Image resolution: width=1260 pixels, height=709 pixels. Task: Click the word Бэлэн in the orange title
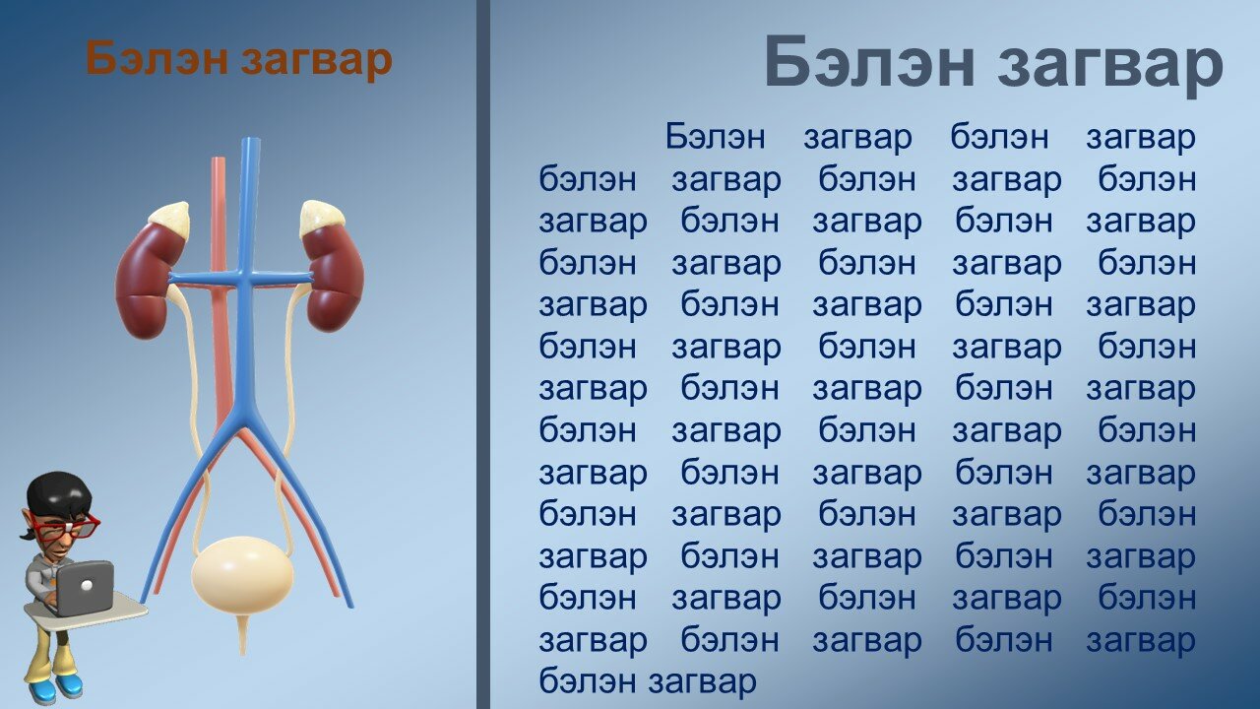157,58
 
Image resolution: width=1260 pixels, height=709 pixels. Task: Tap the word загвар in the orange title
317,62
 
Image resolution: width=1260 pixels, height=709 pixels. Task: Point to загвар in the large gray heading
1111,67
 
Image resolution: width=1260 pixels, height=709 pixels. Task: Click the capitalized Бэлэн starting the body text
715,136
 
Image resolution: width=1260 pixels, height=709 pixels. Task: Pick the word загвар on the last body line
702,683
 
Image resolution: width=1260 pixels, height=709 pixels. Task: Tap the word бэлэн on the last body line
588,680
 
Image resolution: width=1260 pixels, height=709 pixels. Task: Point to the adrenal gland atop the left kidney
169,219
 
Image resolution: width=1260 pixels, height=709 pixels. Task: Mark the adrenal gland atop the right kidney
321,217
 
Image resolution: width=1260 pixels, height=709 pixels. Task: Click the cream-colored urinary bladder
242,575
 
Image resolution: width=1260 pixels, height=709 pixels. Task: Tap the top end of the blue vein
251,140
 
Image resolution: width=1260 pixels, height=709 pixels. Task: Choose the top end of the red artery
219,160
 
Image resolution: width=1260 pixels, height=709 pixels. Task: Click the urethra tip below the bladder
243,652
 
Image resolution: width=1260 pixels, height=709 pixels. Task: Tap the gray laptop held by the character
84,588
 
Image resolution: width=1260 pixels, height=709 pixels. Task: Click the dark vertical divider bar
483,354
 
